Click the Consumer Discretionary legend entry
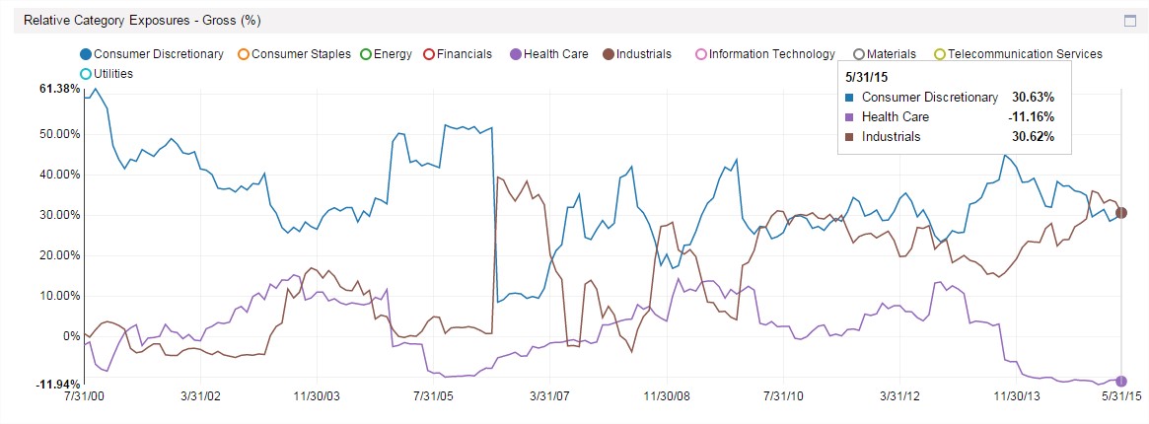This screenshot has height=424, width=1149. click(152, 54)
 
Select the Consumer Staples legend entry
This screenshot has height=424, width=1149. click(293, 54)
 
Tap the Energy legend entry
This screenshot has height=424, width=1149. click(385, 54)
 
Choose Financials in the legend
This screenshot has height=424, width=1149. click(457, 54)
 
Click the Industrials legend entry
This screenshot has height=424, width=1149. click(636, 54)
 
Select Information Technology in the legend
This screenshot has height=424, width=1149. click(764, 54)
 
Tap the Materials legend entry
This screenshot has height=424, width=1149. click(885, 54)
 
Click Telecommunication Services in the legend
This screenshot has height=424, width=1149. click(1017, 54)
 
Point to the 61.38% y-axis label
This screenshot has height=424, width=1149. click(59, 89)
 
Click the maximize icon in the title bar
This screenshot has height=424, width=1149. click(1130, 20)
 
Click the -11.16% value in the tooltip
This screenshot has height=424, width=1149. click(1031, 116)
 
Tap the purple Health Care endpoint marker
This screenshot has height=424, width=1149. click(1121, 381)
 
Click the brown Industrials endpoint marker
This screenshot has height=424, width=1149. click(1121, 213)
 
